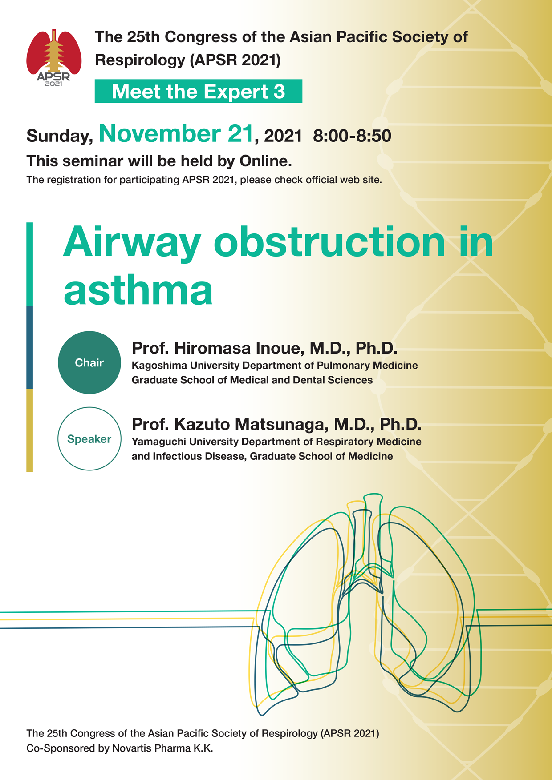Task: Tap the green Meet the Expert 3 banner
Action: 199,91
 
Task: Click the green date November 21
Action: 176,133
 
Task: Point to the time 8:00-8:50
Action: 352,136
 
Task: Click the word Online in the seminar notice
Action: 266,161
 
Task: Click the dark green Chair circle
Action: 89,362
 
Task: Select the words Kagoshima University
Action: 187,366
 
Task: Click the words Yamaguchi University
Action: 187,442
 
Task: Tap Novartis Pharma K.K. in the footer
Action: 162,748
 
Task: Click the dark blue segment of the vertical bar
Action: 30,347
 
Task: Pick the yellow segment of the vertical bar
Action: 30,430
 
